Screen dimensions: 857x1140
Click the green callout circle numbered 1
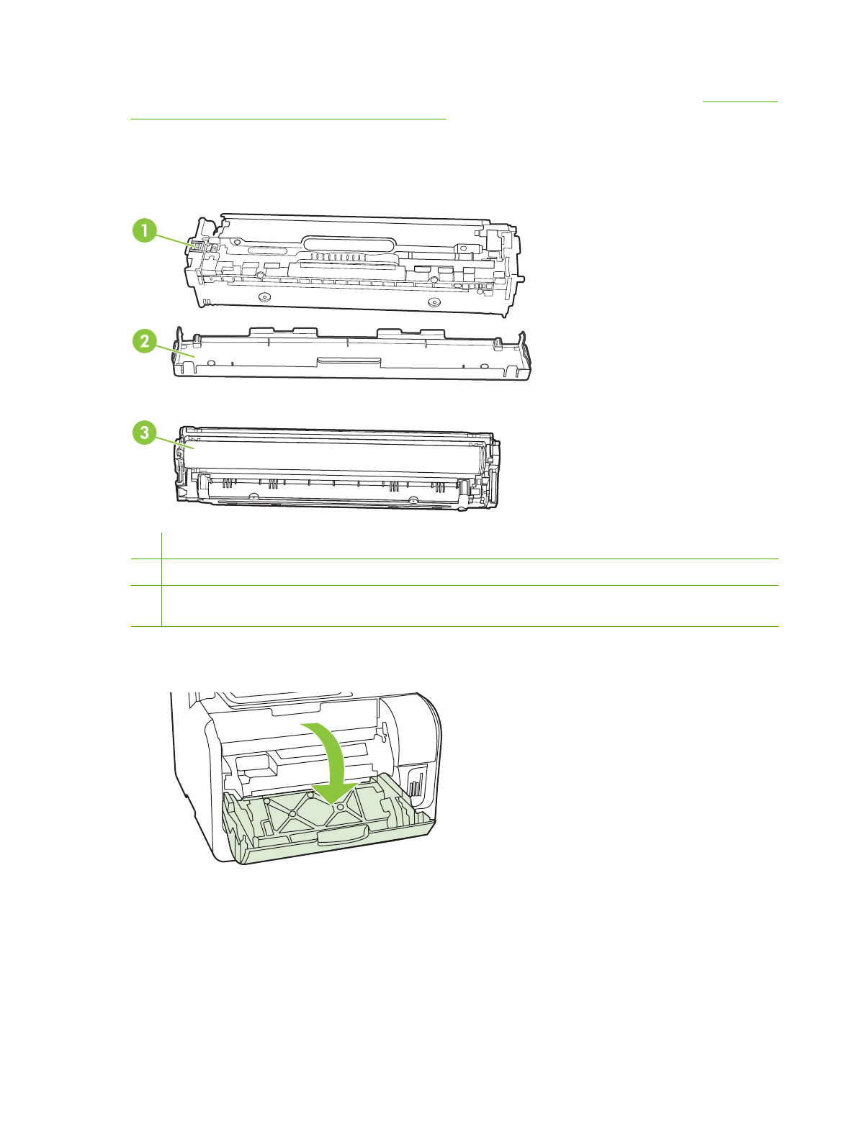click(x=145, y=231)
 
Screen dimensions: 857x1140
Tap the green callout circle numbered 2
click(x=145, y=340)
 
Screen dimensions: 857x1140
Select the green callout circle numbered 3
click(x=145, y=432)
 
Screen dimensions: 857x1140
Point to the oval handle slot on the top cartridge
click(x=350, y=245)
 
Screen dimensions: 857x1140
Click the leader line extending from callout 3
click(x=174, y=440)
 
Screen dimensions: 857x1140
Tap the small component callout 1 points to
click(x=194, y=246)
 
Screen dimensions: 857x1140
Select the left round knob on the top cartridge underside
click(x=264, y=297)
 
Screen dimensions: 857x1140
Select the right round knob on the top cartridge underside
click(x=433, y=302)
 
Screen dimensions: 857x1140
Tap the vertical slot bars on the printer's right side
click(x=414, y=784)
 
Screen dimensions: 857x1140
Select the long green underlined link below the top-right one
click(x=288, y=118)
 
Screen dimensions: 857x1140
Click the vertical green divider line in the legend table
click(x=161, y=579)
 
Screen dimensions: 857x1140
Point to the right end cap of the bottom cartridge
click(x=493, y=471)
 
